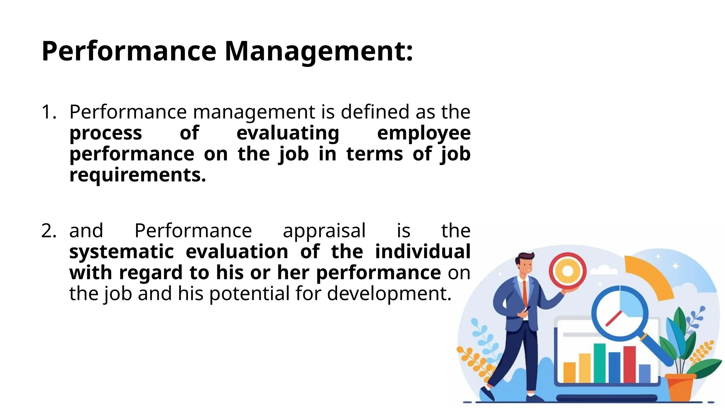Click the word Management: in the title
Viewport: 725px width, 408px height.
pyautogui.click(x=319, y=51)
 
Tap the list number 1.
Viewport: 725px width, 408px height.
pyautogui.click(x=48, y=112)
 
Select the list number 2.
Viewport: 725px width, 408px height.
pyautogui.click(x=48, y=231)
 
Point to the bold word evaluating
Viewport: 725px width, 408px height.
pyautogui.click(x=288, y=133)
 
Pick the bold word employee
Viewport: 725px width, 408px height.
pyautogui.click(x=423, y=133)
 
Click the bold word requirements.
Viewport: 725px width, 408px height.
pyautogui.click(x=137, y=175)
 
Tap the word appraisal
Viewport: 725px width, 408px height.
pyautogui.click(x=324, y=231)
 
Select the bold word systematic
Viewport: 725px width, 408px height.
pyautogui.click(x=121, y=252)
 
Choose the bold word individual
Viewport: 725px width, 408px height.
pyautogui.click(x=423, y=252)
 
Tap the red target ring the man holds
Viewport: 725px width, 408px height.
pyautogui.click(x=567, y=271)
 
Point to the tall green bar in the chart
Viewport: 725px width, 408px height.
pyautogui.click(x=599, y=363)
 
